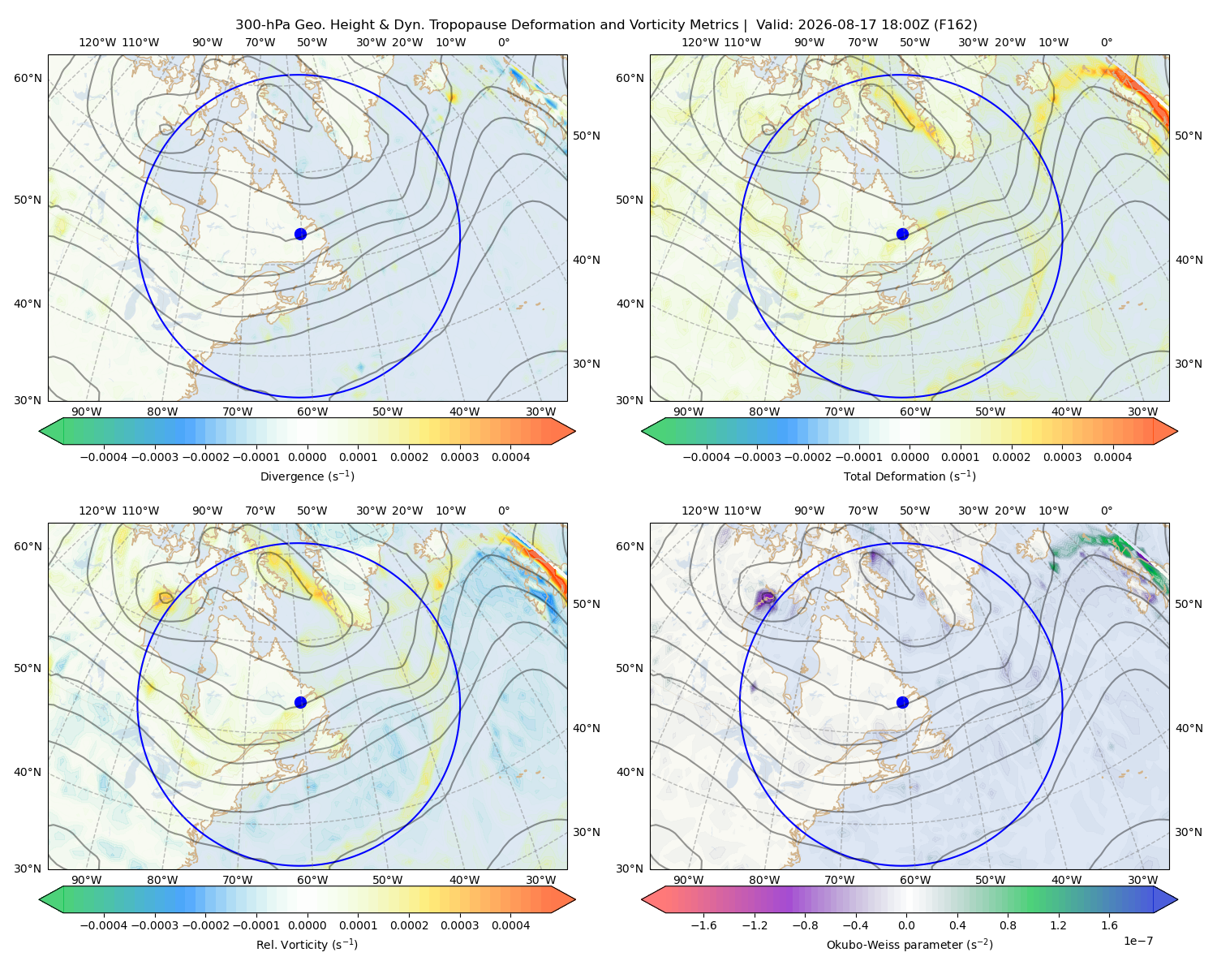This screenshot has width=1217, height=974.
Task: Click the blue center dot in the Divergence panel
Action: point(300,235)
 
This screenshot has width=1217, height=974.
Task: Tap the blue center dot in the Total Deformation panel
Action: point(902,235)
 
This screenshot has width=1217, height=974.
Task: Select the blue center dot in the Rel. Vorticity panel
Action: point(300,702)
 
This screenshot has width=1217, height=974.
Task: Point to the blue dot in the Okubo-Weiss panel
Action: point(902,702)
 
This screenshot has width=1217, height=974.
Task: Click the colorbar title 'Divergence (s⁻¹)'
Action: point(307,476)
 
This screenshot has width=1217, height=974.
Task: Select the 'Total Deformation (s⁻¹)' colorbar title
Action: point(910,476)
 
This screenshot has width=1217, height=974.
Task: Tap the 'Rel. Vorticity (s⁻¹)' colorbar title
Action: point(307,945)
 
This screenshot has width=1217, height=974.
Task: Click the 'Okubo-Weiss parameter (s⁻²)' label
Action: point(910,945)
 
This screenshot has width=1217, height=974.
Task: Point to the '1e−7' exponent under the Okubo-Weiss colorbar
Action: point(1137,941)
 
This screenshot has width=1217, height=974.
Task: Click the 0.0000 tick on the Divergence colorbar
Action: point(307,457)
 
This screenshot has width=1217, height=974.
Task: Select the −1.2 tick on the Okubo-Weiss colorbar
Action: point(755,925)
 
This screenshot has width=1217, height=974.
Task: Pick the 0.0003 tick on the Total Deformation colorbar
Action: point(1062,457)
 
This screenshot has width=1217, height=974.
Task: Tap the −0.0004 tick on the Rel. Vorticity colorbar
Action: point(104,925)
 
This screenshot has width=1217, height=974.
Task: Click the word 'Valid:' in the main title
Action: point(775,25)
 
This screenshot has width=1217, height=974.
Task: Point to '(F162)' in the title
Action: point(955,25)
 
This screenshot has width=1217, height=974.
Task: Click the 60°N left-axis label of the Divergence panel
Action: point(28,78)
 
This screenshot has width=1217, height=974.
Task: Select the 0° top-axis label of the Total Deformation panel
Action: point(1106,42)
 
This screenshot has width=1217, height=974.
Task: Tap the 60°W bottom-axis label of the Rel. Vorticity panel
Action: point(312,880)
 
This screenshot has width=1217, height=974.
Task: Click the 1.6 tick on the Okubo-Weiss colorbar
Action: point(1110,925)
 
